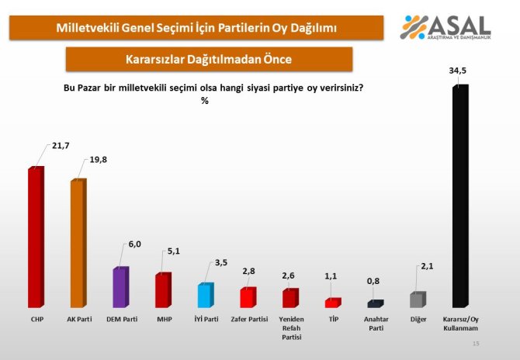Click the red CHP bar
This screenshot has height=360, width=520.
tap(35, 237)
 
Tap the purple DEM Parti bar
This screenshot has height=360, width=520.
tap(120, 287)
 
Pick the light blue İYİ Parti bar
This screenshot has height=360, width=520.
tap(205, 296)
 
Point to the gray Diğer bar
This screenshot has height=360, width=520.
tap(418, 300)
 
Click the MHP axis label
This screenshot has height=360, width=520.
tap(162, 320)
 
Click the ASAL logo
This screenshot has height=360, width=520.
tap(445, 28)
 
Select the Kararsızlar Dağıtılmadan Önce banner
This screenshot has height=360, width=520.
tap(209, 59)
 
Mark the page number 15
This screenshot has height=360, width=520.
tap(476, 344)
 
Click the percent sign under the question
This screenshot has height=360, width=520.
tap(205, 100)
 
